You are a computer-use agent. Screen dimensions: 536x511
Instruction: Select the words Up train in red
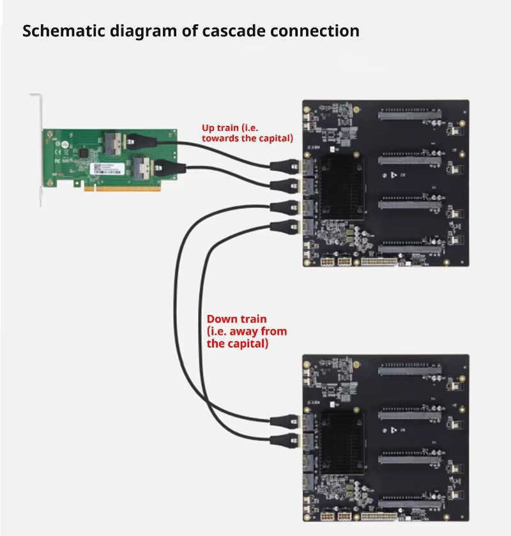pyautogui.click(x=218, y=128)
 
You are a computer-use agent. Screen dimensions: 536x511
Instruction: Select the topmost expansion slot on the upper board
pyautogui.click(x=409, y=115)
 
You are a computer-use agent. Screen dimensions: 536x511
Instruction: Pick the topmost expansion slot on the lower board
pyautogui.click(x=409, y=369)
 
